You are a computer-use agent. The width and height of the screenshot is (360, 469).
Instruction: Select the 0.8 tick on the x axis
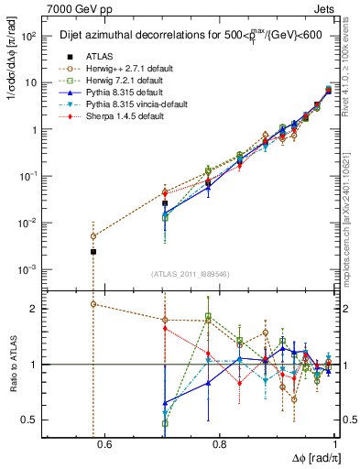click(x=220, y=446)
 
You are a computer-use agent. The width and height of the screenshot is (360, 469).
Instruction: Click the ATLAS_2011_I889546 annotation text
click(x=191, y=274)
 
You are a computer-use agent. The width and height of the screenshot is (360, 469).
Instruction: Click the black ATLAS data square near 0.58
click(x=93, y=251)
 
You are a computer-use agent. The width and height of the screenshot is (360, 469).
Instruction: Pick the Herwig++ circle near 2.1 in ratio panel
click(x=93, y=304)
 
